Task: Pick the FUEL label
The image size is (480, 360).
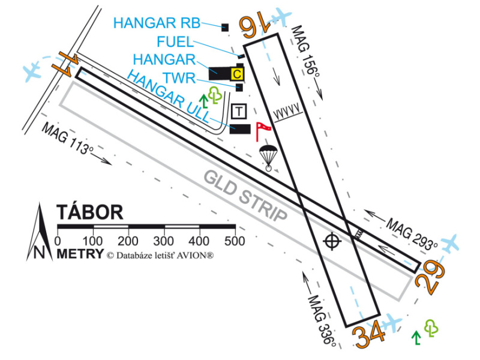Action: coord(175,42)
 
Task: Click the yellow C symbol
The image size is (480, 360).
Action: coord(237,74)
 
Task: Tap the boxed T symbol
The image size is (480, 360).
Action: coord(239,111)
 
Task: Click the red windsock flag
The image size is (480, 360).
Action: coord(262,128)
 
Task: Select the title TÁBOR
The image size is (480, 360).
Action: coord(90,212)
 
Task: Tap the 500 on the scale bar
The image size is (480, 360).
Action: coord(234,241)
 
